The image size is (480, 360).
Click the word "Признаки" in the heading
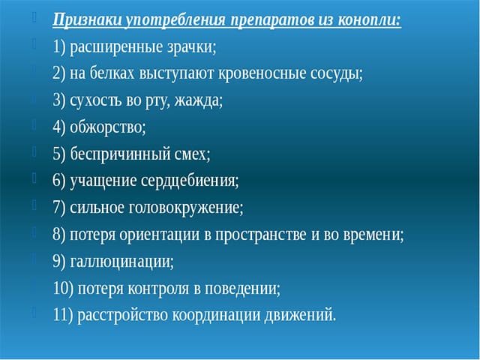[x=87, y=21]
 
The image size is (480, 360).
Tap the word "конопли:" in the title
[x=370, y=20]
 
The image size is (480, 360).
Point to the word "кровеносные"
[x=262, y=74]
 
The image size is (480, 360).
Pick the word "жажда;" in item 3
[x=198, y=100]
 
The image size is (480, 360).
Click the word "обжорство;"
[x=108, y=127]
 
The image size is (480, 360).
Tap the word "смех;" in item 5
[x=192, y=154]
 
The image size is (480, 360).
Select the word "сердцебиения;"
[x=190, y=181]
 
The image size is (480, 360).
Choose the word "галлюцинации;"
[x=121, y=262]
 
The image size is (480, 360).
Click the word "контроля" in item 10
[x=158, y=288]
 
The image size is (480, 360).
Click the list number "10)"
[x=63, y=288]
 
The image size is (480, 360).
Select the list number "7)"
[x=59, y=208]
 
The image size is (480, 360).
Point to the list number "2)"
[x=59, y=73]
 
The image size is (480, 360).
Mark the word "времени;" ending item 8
[x=373, y=235]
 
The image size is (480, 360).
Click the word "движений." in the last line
[x=300, y=315]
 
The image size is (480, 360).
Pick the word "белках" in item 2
[x=112, y=73]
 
